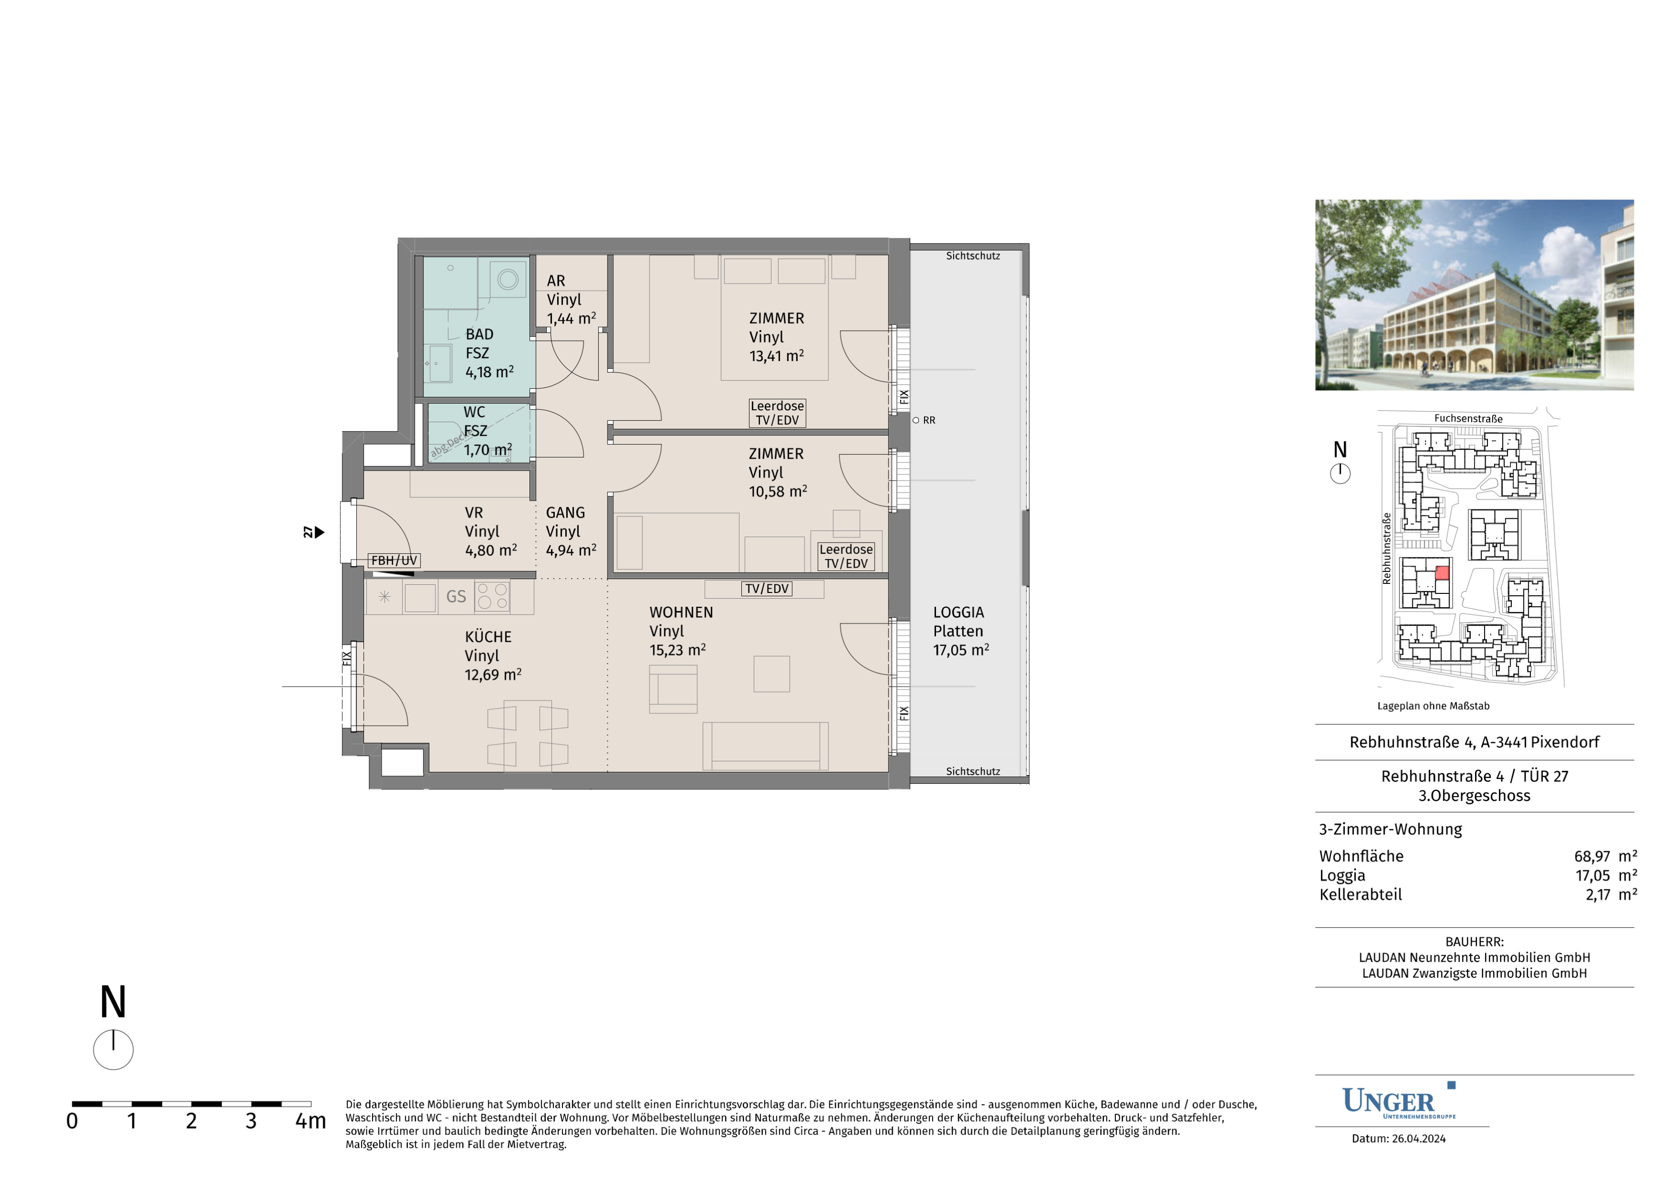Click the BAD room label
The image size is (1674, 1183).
pyautogui.click(x=479, y=335)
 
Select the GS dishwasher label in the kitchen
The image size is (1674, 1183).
pyautogui.click(x=456, y=597)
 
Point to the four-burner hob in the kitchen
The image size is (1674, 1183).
pyautogui.click(x=492, y=596)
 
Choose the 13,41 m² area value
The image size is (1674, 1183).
pyautogui.click(x=776, y=356)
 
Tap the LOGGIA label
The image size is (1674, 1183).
pyautogui.click(x=958, y=613)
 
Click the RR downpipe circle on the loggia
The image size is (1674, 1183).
pyautogui.click(x=916, y=421)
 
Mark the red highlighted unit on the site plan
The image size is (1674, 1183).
pyautogui.click(x=1442, y=573)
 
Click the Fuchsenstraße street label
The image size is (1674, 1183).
pyautogui.click(x=1468, y=418)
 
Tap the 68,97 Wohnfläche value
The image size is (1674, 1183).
pyautogui.click(x=1592, y=856)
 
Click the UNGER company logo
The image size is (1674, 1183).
pyautogui.click(x=1399, y=1101)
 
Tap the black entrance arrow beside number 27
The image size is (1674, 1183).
pyautogui.click(x=319, y=533)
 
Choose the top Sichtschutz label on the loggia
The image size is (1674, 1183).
pyautogui.click(x=973, y=256)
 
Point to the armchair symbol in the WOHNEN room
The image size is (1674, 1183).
pyautogui.click(x=673, y=689)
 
